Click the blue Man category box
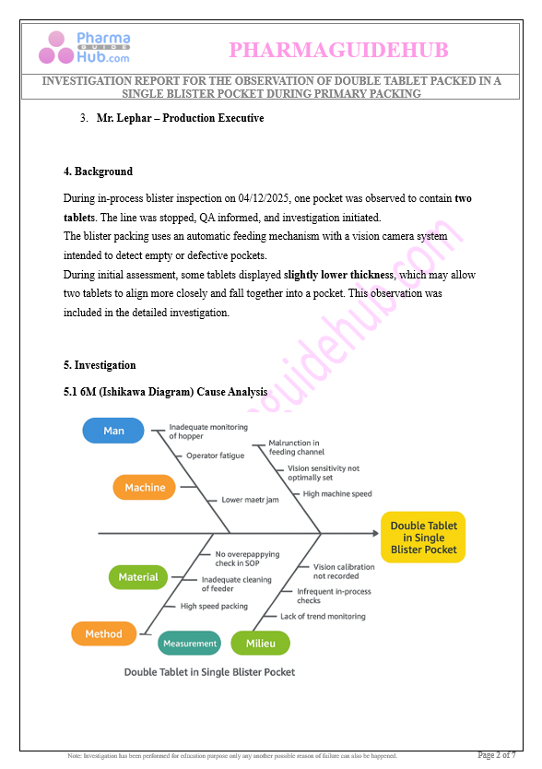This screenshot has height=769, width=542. click(113, 431)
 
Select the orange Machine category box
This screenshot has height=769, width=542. click(144, 488)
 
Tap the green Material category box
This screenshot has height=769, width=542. click(138, 577)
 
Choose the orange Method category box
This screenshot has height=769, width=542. click(103, 633)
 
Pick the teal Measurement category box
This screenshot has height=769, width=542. click(189, 643)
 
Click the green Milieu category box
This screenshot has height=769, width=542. click(261, 643)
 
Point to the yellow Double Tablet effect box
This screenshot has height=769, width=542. click(423, 538)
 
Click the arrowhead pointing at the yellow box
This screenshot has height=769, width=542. click(376, 533)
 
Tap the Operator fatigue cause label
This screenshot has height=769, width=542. click(215, 455)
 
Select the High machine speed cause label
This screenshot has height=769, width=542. click(337, 494)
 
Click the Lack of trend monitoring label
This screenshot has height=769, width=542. click(323, 617)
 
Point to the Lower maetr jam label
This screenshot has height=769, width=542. click(250, 500)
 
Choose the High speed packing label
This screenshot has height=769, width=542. click(214, 606)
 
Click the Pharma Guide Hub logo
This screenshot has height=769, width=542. click(85, 48)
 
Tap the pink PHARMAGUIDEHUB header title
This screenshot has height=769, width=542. click(338, 50)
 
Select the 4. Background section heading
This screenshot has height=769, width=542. click(98, 172)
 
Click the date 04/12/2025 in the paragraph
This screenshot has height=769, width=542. click(264, 198)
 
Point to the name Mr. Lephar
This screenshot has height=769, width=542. click(124, 118)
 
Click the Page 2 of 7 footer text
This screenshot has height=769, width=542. click(497, 755)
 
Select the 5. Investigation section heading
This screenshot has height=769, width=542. click(100, 365)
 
